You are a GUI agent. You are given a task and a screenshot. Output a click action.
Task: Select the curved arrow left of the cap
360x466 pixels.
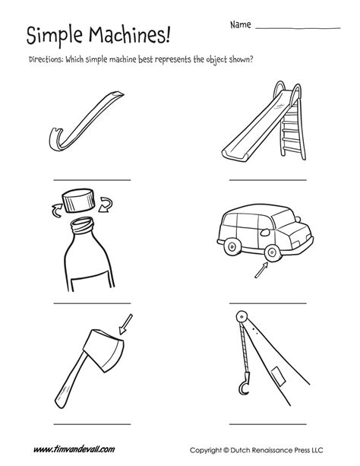pos(55,206)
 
